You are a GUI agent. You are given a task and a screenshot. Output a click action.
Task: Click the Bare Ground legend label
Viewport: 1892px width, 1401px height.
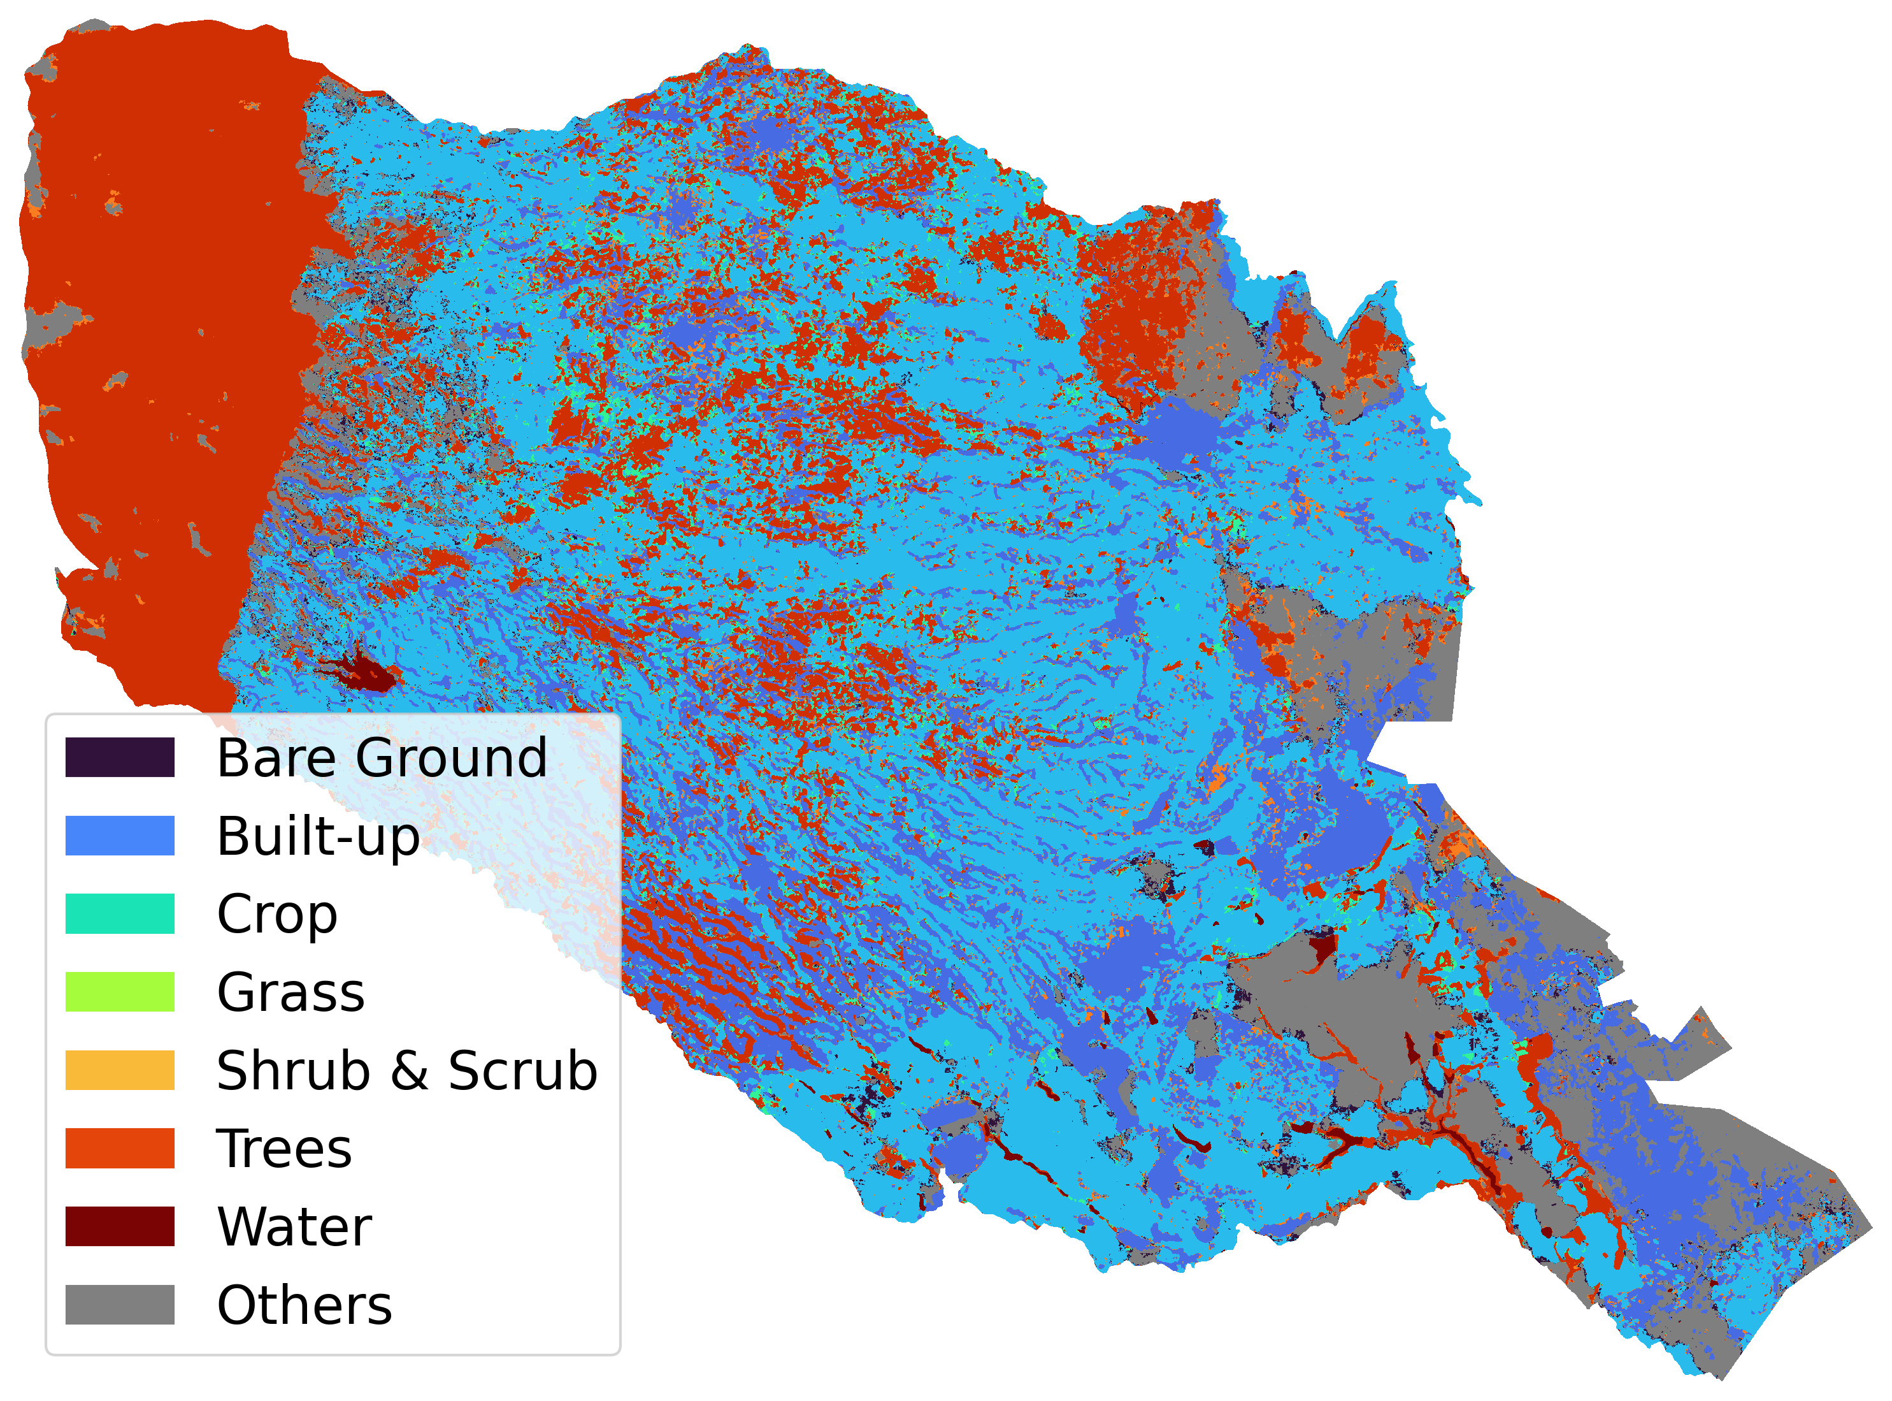382,757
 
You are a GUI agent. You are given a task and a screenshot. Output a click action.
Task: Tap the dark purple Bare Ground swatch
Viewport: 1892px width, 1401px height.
120,757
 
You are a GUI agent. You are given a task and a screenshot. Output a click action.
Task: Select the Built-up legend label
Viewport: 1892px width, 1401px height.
318,836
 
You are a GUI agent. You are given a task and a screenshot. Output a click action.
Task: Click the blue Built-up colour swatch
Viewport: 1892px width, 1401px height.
120,836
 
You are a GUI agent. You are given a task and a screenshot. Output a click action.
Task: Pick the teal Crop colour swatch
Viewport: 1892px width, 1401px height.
120,913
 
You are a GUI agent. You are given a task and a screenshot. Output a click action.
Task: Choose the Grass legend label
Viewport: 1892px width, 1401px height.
290,992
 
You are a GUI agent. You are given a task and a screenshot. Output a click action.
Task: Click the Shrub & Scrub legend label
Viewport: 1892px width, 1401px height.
407,1070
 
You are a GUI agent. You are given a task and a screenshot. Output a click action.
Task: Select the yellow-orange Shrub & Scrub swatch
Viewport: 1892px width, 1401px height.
120,1070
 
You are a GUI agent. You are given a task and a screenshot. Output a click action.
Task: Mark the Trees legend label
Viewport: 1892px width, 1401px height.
284,1149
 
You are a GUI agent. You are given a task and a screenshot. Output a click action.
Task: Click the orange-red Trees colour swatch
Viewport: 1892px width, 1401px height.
120,1149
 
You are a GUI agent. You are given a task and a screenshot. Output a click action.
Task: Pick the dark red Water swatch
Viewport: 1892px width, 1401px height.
120,1226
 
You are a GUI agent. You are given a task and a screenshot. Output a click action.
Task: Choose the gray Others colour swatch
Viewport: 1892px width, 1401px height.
120,1304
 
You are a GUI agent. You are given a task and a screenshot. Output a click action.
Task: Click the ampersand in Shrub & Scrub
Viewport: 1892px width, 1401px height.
410,1070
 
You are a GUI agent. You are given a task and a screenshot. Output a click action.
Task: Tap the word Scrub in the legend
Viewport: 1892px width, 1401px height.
522,1070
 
